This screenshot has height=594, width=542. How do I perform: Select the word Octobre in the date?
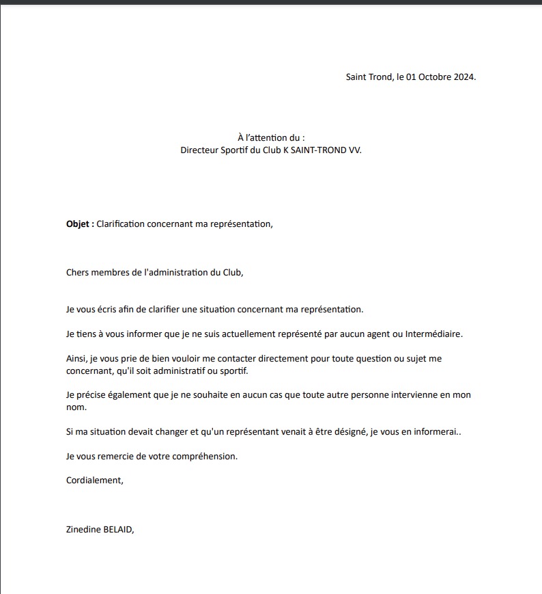pos(433,77)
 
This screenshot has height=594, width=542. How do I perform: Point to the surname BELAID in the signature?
pos(122,528)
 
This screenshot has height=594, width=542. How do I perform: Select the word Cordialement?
pos(94,480)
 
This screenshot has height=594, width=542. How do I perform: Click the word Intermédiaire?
pos(433,334)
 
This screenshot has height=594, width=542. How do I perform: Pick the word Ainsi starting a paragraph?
pos(77,358)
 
